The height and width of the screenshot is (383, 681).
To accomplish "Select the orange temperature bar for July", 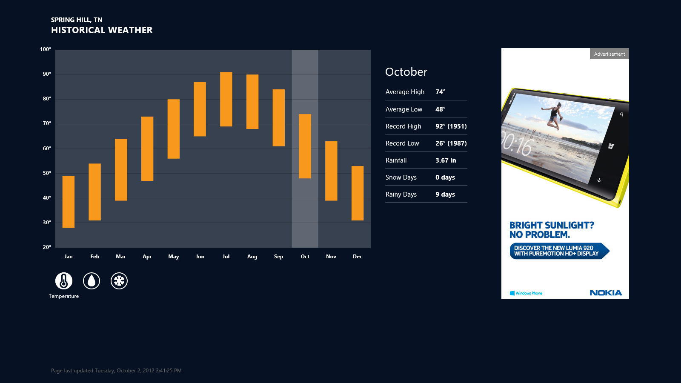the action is [x=226, y=99].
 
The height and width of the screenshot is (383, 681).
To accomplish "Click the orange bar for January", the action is [x=69, y=202].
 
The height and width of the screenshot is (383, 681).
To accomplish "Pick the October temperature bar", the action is [x=305, y=146].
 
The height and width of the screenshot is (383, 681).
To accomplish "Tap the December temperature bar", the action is [x=358, y=193].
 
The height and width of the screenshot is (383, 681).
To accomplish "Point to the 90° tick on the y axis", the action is [x=47, y=74].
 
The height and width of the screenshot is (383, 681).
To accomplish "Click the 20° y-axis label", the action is [x=47, y=247].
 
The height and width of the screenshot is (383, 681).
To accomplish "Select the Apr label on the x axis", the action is [x=147, y=257].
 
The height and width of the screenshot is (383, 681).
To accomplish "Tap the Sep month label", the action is [x=278, y=257].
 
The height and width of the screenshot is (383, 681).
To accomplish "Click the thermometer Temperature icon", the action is [x=64, y=280].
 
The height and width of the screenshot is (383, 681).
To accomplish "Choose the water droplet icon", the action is [x=92, y=280].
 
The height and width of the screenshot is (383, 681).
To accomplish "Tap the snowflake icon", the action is [x=119, y=280].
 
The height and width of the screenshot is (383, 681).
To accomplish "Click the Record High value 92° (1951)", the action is [x=451, y=126].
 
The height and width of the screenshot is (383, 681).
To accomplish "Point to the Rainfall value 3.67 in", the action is [x=446, y=160].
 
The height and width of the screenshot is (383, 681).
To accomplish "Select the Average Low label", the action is [x=404, y=109].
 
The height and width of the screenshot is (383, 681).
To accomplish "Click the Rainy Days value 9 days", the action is [x=445, y=194].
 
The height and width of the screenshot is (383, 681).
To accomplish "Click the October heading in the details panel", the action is [x=406, y=72].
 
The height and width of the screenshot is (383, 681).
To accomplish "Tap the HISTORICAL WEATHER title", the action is [x=102, y=30].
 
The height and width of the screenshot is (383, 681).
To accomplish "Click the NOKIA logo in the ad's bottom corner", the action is [x=606, y=293].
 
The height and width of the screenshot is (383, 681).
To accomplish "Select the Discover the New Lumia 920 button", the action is [x=559, y=251].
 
